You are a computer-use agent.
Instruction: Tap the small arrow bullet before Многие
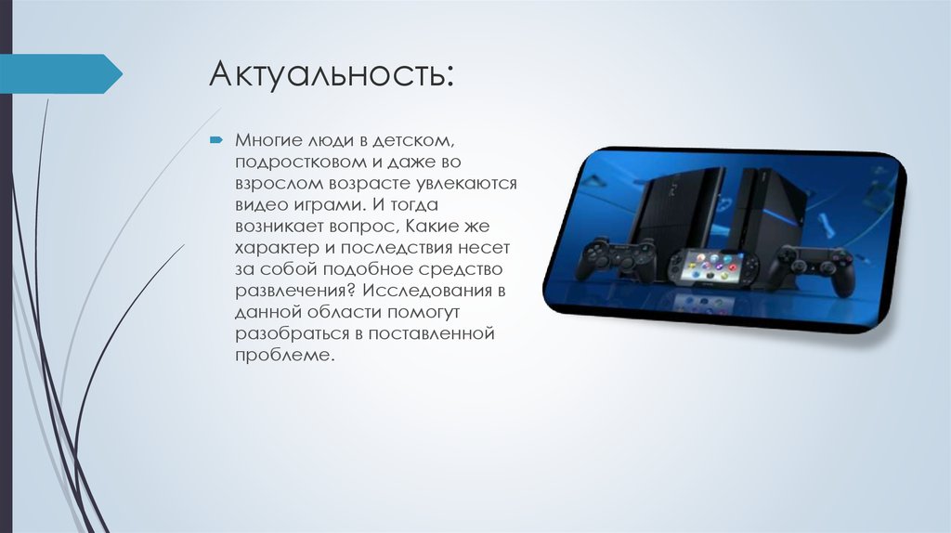(x=215, y=139)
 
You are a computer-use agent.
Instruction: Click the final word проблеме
(x=282, y=356)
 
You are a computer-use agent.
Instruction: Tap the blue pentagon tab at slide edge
(x=61, y=73)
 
